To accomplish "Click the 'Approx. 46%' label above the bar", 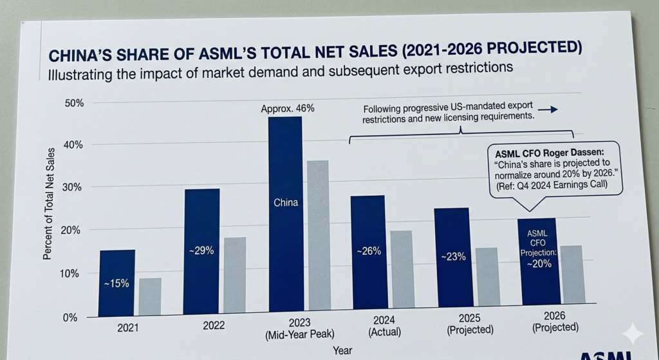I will point(288,108).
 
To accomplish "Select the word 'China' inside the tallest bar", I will point(285,203).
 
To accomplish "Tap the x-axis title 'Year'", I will point(342,350).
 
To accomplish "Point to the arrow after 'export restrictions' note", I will point(547,110).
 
